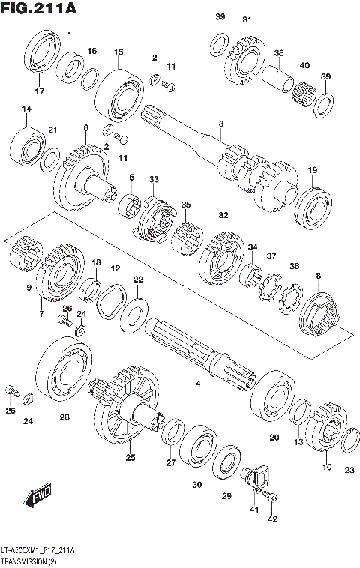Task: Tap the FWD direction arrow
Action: pos(35,496)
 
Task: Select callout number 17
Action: pos(39,91)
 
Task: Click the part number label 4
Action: pos(198,384)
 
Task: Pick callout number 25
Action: pos(130,457)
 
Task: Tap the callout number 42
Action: pos(272,519)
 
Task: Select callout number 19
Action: pos(312,170)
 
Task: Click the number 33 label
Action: pos(154,180)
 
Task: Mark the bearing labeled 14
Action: pos(27,146)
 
